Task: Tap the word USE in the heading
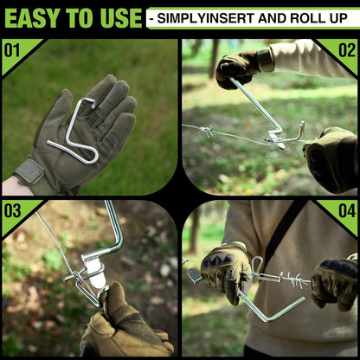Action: point(121,18)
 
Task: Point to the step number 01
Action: point(12,50)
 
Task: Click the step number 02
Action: point(347,50)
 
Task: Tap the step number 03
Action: point(12,210)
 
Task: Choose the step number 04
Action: point(347,210)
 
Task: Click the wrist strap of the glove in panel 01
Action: point(29,175)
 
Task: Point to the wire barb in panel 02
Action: point(205,131)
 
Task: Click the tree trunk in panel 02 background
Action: point(214,58)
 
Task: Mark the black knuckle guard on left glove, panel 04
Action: point(217,260)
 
